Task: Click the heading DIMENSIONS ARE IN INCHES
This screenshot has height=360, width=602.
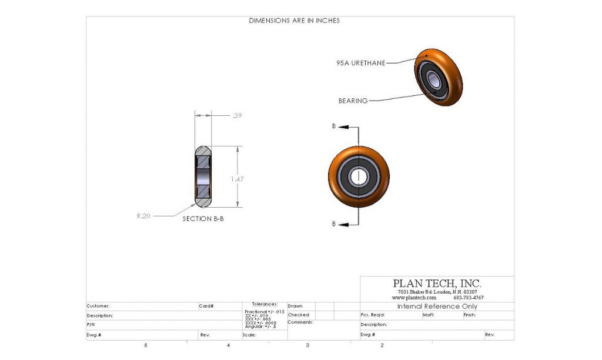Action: click(x=294, y=21)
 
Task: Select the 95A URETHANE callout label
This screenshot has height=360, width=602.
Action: click(x=361, y=63)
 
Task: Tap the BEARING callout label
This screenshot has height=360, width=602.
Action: click(x=353, y=101)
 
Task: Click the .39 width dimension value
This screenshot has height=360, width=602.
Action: click(x=237, y=116)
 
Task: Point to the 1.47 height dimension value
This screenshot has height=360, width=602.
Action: click(x=236, y=179)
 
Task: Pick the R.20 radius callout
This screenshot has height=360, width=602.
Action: click(x=143, y=216)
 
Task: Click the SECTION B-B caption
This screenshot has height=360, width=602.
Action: click(x=203, y=218)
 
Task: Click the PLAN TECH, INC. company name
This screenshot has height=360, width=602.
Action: click(x=437, y=284)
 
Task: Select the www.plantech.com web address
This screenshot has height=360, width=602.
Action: click(x=414, y=298)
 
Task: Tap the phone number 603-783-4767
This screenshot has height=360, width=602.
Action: click(x=469, y=298)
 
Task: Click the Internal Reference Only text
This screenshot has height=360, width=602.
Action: click(x=437, y=306)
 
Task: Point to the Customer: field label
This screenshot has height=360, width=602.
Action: click(x=98, y=306)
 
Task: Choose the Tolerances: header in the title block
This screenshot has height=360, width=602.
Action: click(x=265, y=304)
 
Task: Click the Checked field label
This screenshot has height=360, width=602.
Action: click(x=298, y=315)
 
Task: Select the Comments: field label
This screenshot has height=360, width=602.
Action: click(x=300, y=322)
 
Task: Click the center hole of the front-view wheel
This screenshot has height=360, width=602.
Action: click(x=358, y=175)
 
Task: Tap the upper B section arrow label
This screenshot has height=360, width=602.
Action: click(x=334, y=126)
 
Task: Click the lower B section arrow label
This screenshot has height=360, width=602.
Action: click(x=334, y=224)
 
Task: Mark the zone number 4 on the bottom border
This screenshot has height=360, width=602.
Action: click(x=228, y=345)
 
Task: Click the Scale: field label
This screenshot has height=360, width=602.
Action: click(x=250, y=335)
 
